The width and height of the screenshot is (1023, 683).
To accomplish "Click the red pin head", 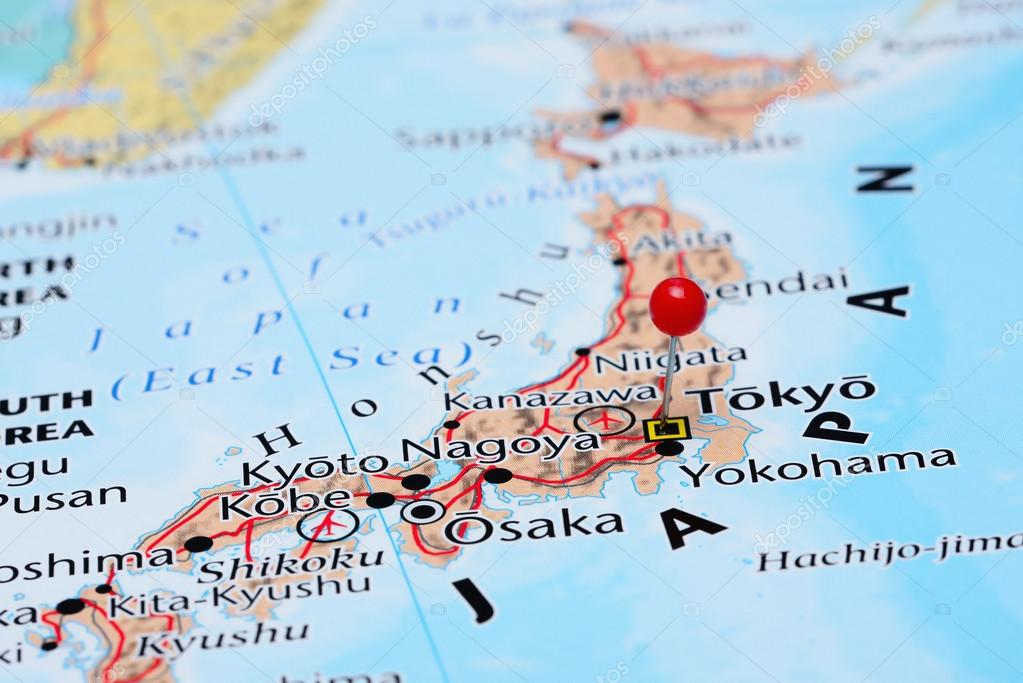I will [677, 306].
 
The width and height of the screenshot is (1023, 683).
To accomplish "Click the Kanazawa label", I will [550, 397].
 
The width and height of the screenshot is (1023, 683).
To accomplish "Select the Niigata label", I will [670, 358].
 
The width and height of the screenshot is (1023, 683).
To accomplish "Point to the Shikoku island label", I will [289, 566].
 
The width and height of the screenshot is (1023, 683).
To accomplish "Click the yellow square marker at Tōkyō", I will [667, 429].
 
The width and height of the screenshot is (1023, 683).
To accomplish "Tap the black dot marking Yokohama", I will [669, 448].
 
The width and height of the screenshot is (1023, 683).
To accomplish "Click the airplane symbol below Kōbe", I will [328, 524].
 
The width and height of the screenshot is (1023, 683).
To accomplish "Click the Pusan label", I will [62, 497].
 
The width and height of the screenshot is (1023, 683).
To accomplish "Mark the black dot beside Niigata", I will [582, 352].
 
